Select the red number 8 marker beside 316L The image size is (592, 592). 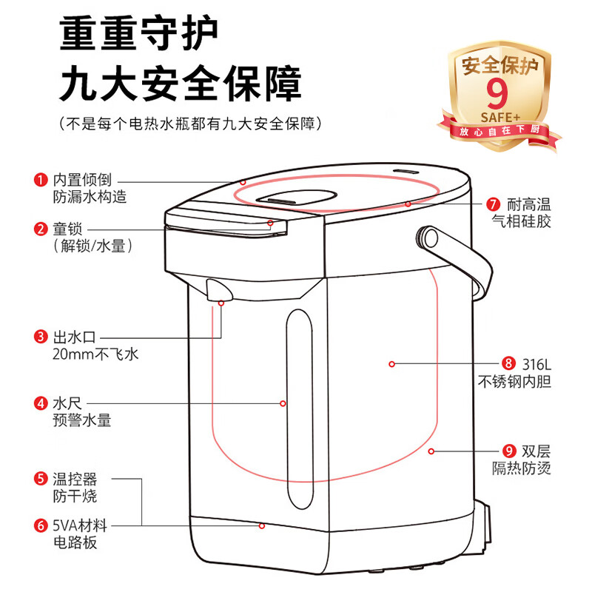pos(508,363)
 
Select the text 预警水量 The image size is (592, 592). pos(81,420)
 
